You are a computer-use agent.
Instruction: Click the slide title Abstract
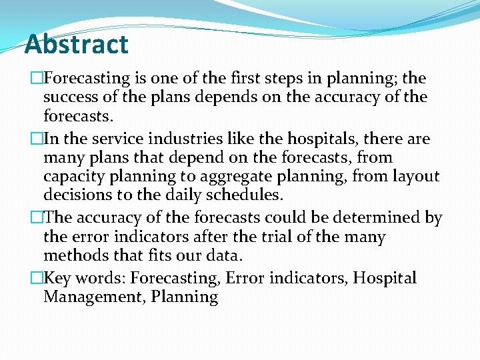point(76,45)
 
